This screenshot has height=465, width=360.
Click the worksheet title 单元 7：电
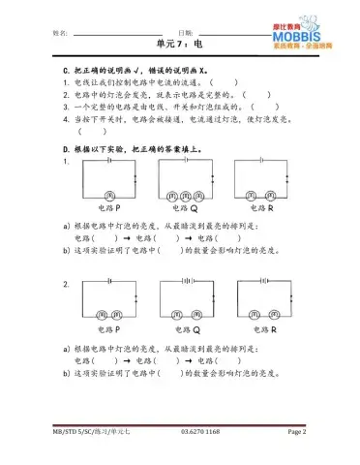click(179, 45)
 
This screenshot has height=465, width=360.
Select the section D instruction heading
click(145, 149)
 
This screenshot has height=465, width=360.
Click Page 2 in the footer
click(296, 430)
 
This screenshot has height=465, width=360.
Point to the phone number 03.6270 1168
click(199, 430)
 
